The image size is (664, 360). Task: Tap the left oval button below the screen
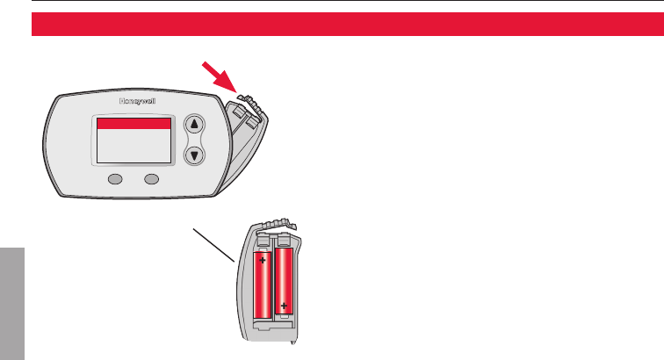pos(115,180)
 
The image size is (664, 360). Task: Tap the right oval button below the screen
pos(152,180)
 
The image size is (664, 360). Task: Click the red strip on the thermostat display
pos(133,125)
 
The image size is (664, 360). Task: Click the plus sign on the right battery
pos(285,306)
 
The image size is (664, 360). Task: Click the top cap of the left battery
pos(263,241)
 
